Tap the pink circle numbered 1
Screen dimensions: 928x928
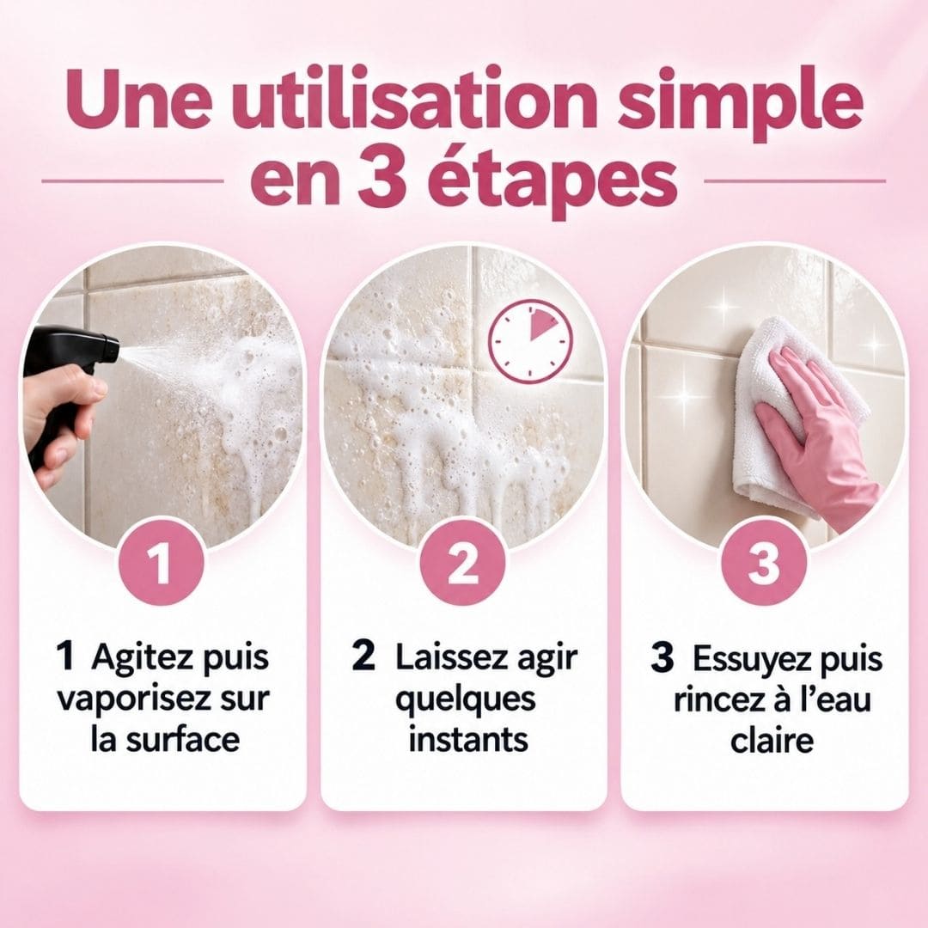point(162,562)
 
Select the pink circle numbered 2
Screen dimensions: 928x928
point(463,562)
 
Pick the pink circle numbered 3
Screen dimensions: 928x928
point(764,562)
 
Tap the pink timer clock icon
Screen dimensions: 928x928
point(531,341)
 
